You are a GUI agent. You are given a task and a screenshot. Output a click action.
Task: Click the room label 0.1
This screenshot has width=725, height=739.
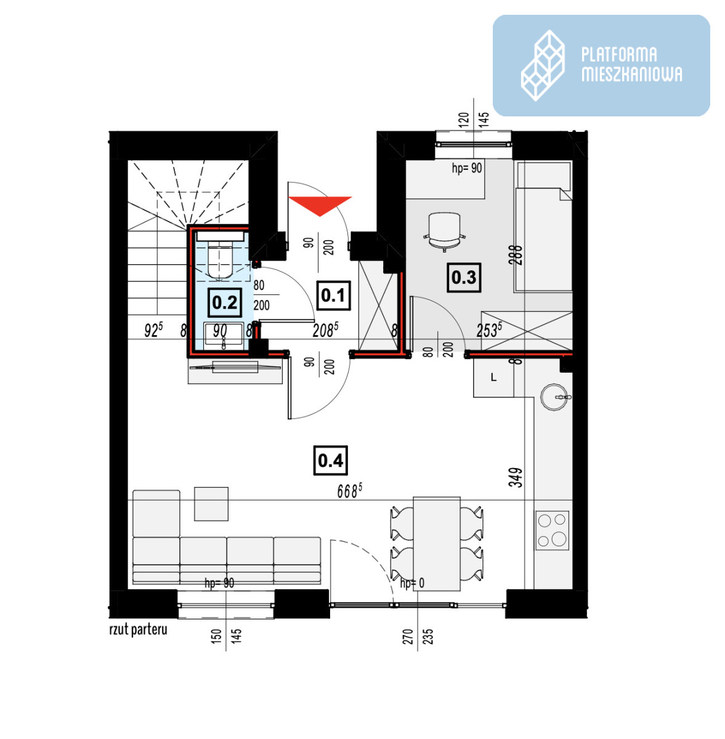point(333,295)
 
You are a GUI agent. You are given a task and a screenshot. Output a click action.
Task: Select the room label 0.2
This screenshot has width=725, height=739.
point(225,302)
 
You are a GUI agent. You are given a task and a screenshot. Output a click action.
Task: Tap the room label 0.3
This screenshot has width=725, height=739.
point(464,277)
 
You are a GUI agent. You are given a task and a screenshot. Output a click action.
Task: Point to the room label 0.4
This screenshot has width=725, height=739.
point(330,460)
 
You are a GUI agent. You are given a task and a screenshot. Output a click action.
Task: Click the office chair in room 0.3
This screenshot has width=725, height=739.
point(444,232)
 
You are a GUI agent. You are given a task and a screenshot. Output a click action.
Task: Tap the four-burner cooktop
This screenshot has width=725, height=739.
point(552,531)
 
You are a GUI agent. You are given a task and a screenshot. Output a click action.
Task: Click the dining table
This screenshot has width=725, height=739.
point(437,544)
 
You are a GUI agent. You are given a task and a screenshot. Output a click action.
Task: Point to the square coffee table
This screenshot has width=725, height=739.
point(211,504)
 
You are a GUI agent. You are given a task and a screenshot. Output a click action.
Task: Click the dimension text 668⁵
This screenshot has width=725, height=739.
point(349,491)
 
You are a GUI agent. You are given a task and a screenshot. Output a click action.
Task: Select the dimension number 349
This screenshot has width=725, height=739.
point(516,477)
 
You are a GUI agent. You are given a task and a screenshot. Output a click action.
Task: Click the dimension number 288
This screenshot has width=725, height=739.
point(516,255)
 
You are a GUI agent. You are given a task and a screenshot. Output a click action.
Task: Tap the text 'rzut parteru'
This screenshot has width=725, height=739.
point(139,630)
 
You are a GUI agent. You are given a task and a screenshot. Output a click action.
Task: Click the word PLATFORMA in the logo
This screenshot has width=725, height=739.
point(618,54)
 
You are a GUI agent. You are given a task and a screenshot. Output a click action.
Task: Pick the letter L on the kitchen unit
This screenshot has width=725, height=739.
point(493,378)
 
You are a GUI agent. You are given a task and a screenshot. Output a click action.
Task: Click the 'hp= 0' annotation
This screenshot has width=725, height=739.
point(412,583)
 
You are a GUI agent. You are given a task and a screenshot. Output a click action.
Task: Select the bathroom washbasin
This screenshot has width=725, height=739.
point(223,335)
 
